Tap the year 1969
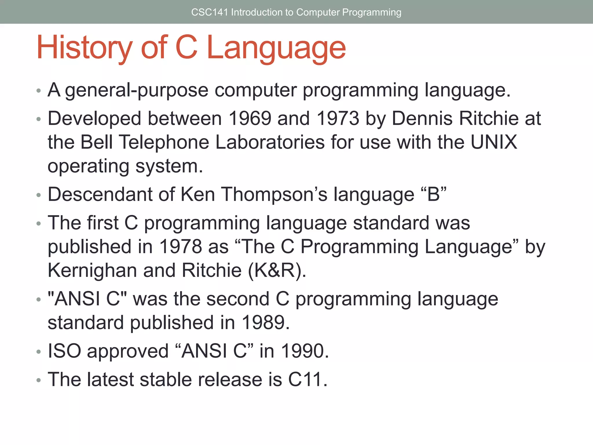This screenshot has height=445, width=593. [x=250, y=118]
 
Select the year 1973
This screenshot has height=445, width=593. [x=338, y=118]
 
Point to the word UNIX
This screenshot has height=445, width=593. [x=493, y=142]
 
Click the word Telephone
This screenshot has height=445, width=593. [x=164, y=142]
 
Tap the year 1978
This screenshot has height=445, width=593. [x=180, y=247]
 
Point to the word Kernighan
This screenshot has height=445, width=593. [x=92, y=270]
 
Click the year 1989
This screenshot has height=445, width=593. [x=265, y=322]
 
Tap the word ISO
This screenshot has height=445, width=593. [x=64, y=351]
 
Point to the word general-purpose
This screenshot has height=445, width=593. [x=136, y=90]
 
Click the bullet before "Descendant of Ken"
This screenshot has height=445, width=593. [x=39, y=195]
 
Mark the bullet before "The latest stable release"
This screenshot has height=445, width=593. [x=39, y=380]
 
